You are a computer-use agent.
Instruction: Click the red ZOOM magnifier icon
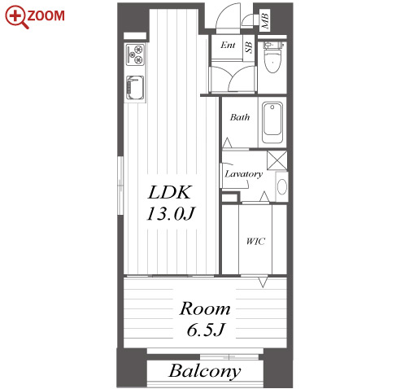tap(17, 17)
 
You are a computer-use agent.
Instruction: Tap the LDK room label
tap(170, 192)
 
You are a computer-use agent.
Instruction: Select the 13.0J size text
tap(171, 213)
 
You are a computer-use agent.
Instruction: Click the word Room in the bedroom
tap(205, 308)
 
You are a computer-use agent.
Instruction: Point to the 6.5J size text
tap(206, 330)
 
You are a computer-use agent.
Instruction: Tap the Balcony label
tap(205, 371)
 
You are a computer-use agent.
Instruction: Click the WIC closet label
tap(255, 241)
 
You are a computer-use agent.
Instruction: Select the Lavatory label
tap(244, 174)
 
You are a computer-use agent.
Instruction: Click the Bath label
tap(240, 117)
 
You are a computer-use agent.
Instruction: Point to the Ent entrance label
tap(228, 45)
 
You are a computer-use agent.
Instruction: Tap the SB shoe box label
tap(249, 47)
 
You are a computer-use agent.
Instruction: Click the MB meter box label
tap(265, 20)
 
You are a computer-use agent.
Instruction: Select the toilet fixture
tap(272, 58)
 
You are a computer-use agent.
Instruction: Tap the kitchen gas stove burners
tap(135, 55)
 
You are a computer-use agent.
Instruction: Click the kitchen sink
tap(135, 88)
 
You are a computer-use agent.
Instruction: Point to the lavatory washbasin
tap(281, 186)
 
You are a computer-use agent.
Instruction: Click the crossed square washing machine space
tap(277, 160)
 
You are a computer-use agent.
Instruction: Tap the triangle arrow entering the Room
tap(263, 282)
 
